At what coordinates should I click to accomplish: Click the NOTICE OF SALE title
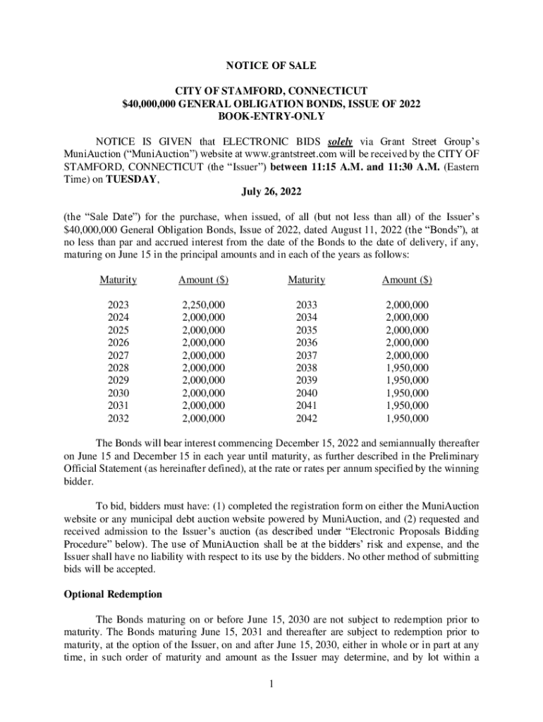pos(271,66)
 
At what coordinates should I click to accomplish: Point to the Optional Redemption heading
pos(113,594)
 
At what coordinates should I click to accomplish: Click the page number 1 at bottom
pos(271,683)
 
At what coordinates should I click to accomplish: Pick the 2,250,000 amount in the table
pos(203,305)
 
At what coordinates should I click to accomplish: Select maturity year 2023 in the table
pos(118,305)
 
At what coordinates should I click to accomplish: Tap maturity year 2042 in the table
pos(306,419)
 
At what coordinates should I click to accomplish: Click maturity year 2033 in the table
pos(306,305)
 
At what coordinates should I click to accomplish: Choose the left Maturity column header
pos(118,280)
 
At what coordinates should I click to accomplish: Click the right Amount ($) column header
pos(407,280)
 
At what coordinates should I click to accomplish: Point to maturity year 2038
pos(306,368)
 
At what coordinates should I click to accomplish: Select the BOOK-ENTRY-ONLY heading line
pos(271,117)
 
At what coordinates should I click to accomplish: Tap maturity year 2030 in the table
pos(118,393)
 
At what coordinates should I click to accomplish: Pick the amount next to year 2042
pos(407,419)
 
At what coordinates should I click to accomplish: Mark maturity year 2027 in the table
pos(118,355)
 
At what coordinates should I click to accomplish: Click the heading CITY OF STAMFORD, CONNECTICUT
pos(271,92)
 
